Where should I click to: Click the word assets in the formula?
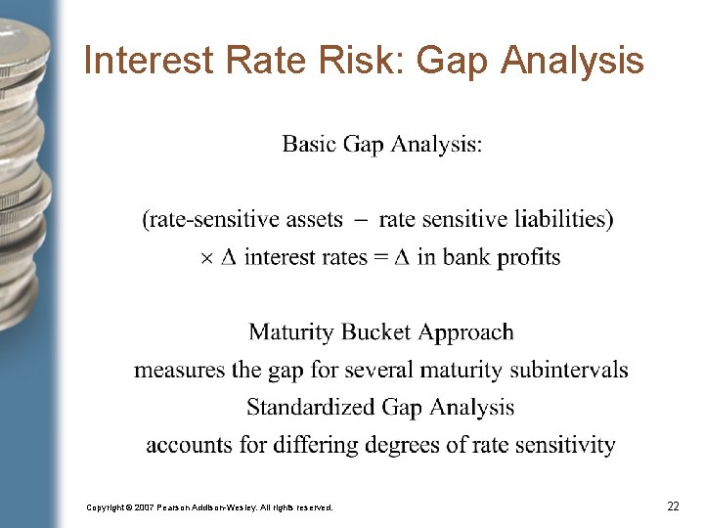[x=313, y=219]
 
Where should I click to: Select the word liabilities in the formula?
[x=560, y=219]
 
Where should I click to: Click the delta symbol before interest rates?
[x=229, y=257]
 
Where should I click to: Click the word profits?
[x=529, y=258]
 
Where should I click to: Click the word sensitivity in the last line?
[x=564, y=445]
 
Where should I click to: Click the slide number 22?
[x=673, y=506]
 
